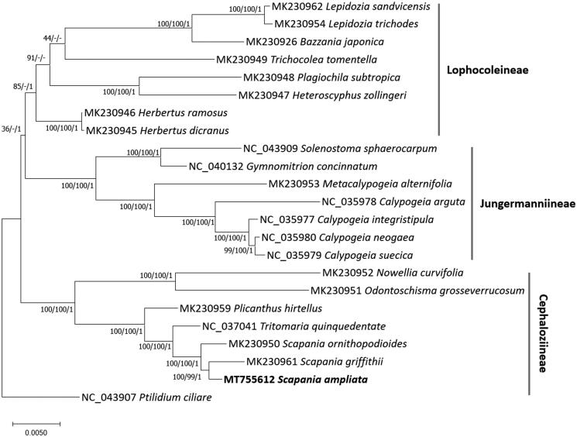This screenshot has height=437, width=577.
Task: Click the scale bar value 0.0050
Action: point(36,432)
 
